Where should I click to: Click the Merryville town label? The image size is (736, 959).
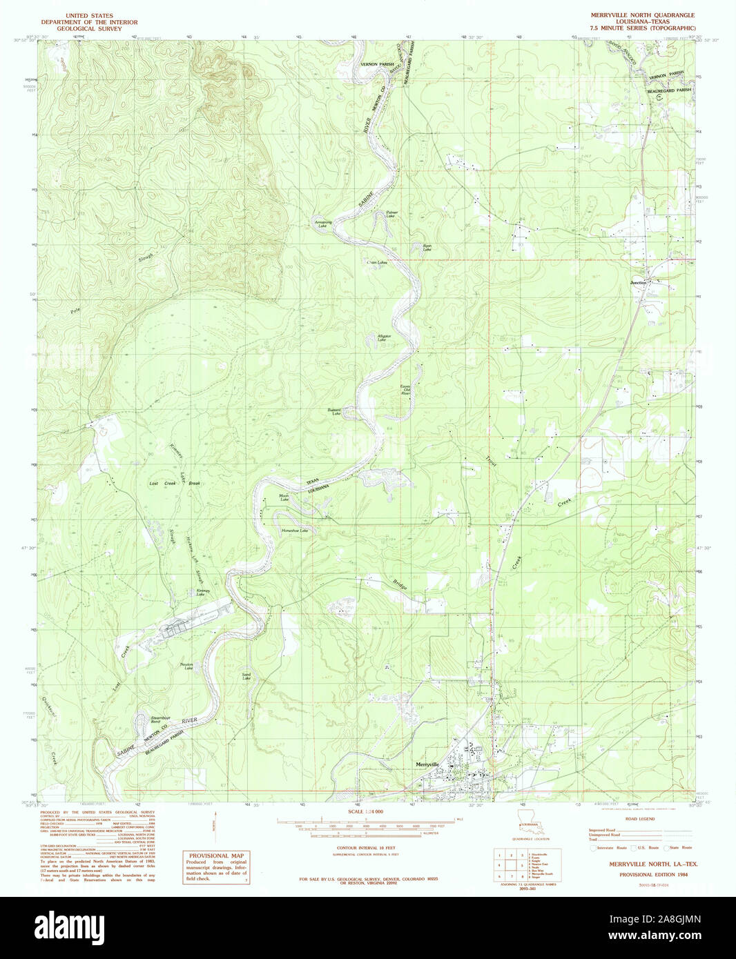point(428,764)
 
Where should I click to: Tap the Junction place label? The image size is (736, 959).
point(638,283)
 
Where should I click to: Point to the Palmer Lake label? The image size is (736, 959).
point(391,215)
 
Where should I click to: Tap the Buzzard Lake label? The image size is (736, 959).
point(335,412)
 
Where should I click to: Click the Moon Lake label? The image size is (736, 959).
point(284,497)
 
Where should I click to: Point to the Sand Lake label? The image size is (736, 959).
point(246,676)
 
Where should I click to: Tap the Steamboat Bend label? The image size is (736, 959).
point(160,720)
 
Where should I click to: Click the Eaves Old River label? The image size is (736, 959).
point(407,389)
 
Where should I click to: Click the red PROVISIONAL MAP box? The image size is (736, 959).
point(216,867)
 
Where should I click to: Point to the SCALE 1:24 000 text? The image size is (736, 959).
point(365,811)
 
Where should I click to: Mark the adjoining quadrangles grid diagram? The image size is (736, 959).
point(510,864)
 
